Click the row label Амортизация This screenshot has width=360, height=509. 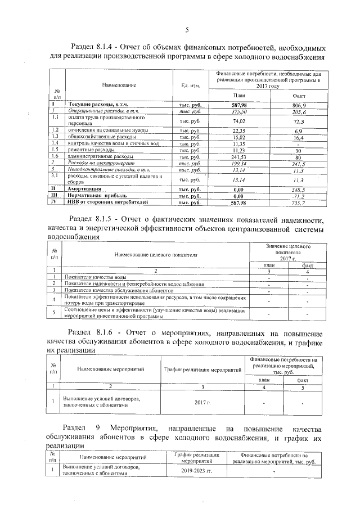85,190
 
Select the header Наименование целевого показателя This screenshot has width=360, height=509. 156,254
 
